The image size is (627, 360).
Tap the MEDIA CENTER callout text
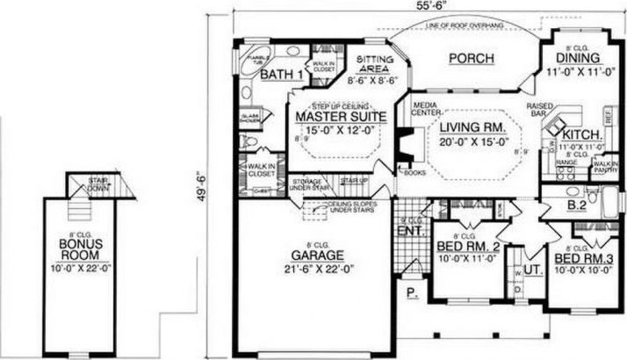427,108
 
